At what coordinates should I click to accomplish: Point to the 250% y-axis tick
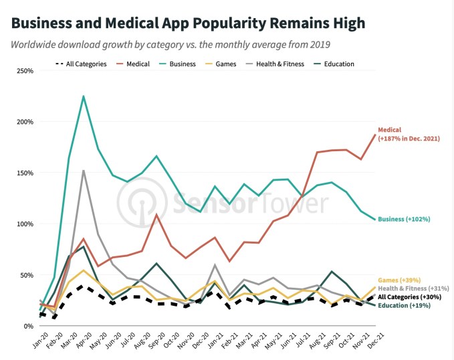tap(23, 71)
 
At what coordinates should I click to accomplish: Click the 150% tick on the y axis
tap(23, 173)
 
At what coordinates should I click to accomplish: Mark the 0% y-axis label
tap(28, 326)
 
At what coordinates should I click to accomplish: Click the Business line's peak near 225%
tap(84, 96)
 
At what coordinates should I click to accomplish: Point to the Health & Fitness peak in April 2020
tap(84, 171)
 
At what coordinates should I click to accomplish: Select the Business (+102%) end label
tap(403, 219)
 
